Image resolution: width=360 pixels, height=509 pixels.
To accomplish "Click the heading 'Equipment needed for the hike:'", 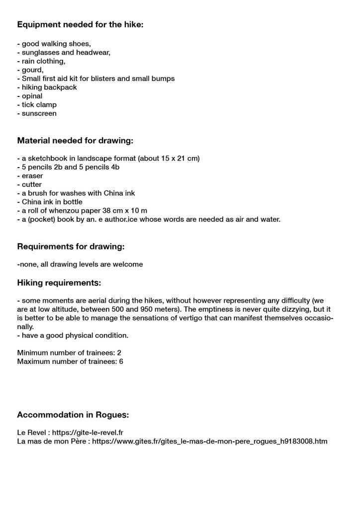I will click(x=80, y=24).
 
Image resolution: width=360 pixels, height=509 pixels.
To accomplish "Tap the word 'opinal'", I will click(x=32, y=96).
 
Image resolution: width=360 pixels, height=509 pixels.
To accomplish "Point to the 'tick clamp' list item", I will click(x=39, y=105).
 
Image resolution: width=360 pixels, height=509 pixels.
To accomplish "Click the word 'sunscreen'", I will click(x=39, y=113).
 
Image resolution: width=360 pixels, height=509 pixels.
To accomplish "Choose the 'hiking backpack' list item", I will click(x=49, y=87).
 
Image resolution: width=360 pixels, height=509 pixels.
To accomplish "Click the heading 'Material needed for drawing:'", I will click(x=75, y=141).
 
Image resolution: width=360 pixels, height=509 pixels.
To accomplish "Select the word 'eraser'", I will click(x=32, y=176).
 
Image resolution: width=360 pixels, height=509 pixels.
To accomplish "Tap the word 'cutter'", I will click(x=32, y=184).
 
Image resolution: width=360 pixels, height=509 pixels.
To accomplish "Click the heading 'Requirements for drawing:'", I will click(x=71, y=247).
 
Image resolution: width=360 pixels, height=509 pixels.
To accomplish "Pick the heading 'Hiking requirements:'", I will click(x=59, y=283).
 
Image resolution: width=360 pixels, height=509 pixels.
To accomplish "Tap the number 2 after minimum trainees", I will click(x=119, y=353).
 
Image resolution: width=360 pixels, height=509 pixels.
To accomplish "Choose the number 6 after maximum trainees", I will click(x=121, y=361).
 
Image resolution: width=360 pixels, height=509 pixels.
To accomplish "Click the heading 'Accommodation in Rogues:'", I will click(x=73, y=415).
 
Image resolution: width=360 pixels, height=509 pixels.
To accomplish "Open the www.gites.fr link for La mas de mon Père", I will click(x=209, y=441).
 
